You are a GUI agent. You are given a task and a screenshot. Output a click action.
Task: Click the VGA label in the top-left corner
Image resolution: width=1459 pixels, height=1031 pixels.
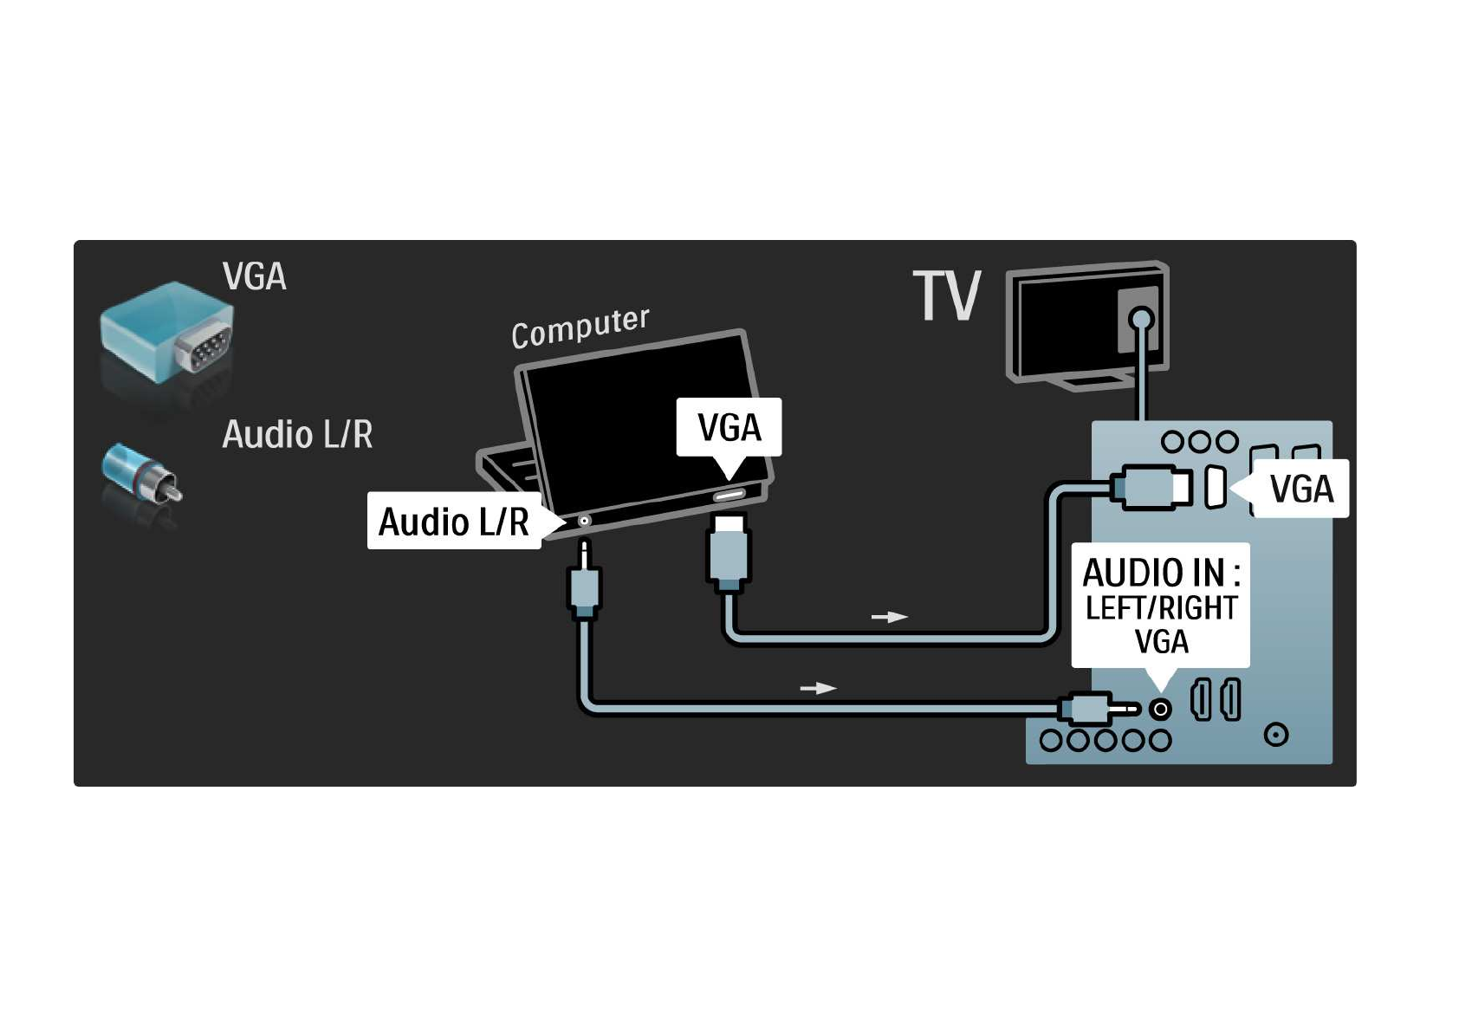pos(254,276)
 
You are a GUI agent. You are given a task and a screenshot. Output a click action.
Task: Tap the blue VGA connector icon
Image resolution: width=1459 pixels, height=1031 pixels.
pos(166,333)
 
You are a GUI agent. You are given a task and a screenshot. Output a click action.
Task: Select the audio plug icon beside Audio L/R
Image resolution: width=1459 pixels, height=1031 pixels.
pos(141,473)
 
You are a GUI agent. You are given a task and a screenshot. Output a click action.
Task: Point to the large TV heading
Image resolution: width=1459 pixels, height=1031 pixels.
pos(946,295)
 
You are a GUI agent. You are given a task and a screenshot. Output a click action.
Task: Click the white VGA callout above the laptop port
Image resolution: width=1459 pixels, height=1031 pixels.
pos(729,427)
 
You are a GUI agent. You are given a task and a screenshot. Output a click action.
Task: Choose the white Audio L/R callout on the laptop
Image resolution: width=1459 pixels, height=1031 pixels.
pos(454,521)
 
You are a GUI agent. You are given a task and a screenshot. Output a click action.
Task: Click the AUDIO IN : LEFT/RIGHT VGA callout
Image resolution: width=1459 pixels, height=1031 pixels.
pos(1160,606)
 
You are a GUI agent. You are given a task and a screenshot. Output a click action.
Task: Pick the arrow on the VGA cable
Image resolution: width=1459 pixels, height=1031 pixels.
pos(889,617)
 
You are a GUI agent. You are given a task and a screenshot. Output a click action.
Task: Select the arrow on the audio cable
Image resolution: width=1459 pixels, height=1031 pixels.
pos(818,688)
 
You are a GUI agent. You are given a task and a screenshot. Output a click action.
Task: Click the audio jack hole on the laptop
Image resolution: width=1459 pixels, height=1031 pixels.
pos(584,521)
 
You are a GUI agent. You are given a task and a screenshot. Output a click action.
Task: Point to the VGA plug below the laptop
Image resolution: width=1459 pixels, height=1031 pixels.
pos(729,553)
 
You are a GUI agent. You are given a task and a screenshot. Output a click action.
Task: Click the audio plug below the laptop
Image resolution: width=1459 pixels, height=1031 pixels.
pos(585,586)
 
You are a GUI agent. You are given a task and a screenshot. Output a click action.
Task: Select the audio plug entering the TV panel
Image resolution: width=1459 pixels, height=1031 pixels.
pos(1093,709)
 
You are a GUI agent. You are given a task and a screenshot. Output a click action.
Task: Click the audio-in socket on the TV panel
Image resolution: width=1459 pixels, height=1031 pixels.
pos(1160,710)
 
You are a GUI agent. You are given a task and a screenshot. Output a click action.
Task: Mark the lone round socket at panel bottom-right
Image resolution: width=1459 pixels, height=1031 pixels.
pos(1275,735)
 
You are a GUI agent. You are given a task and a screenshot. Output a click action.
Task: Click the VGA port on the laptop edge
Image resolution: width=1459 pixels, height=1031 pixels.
pos(729,496)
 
